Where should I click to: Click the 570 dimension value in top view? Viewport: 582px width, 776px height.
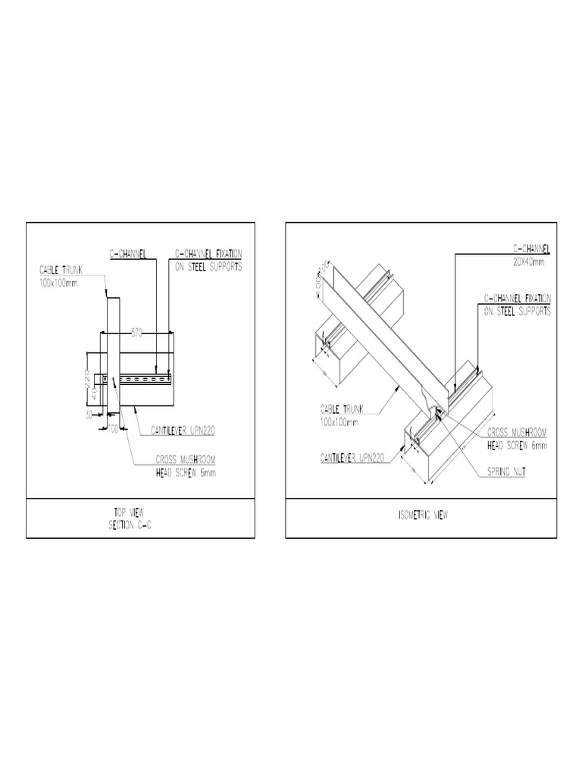pyautogui.click(x=137, y=332)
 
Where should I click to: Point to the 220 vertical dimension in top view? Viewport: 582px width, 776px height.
pyautogui.click(x=88, y=376)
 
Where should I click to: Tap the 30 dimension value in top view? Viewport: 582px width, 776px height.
pyautogui.click(x=89, y=415)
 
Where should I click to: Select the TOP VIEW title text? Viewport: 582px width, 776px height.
pyautogui.click(x=140, y=513)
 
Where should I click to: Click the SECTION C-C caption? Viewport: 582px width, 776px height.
pyautogui.click(x=140, y=524)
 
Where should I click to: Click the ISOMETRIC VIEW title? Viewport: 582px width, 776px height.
pyautogui.click(x=422, y=516)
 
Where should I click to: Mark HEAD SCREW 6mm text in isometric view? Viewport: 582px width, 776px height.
pyautogui.click(x=515, y=446)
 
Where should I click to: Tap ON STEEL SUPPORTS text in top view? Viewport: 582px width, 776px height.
pyautogui.click(x=208, y=267)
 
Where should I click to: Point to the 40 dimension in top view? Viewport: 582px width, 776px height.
pyautogui.click(x=94, y=394)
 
